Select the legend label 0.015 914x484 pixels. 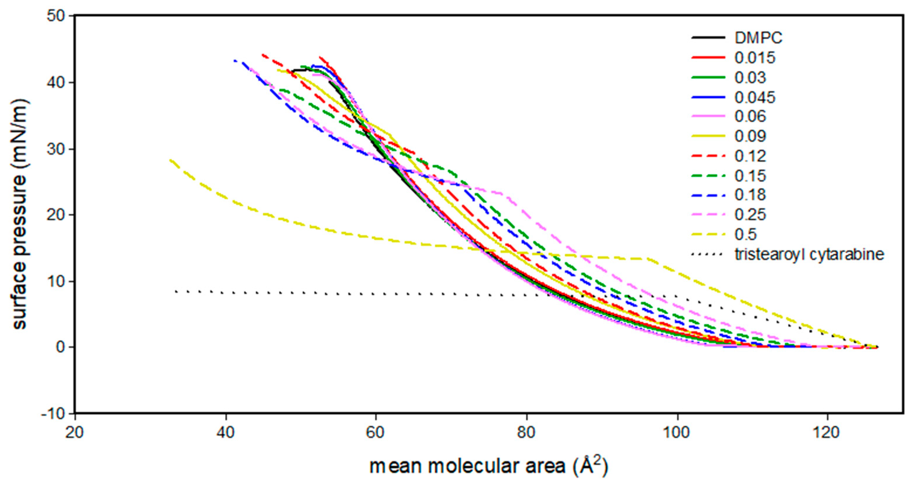tap(755, 58)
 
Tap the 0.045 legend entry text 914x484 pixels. tap(755, 97)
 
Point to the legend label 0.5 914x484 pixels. tap(746, 234)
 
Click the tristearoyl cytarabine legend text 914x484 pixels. tap(809, 254)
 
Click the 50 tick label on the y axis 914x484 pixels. tap(57, 16)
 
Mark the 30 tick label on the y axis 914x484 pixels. tap(57, 149)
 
